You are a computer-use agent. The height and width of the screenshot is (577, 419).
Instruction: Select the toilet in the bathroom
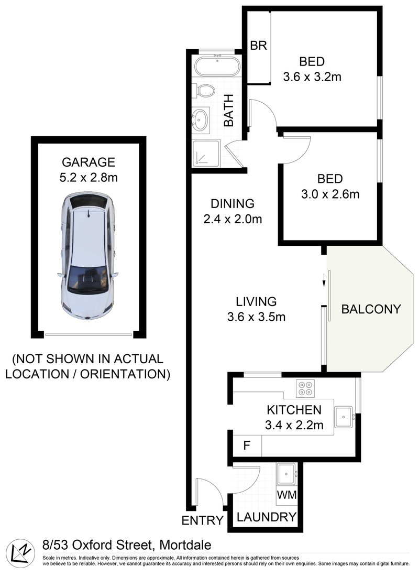tap(205, 90)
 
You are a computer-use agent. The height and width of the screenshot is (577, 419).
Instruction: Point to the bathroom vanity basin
tap(201, 119)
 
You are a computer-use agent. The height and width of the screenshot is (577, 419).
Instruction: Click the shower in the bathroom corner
tap(206, 154)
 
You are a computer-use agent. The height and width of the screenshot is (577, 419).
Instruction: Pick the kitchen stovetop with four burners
tap(305, 388)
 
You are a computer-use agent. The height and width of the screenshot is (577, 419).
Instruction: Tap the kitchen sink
tap(344, 417)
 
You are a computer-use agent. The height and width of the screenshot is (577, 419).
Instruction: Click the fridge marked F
tap(247, 445)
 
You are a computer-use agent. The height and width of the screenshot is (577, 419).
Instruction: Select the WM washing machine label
tap(287, 495)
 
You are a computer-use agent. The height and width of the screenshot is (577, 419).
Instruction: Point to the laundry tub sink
tap(286, 474)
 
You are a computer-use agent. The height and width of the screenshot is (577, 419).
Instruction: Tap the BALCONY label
tap(371, 309)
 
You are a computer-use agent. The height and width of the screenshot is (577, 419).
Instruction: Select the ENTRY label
tap(203, 520)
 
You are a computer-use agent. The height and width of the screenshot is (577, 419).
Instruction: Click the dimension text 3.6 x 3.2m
tap(312, 77)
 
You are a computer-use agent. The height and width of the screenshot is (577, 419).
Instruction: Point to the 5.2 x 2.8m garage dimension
tap(89, 178)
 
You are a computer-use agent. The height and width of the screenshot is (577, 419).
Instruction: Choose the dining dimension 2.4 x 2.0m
tap(233, 219)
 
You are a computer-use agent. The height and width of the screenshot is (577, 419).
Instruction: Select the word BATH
tap(229, 111)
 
